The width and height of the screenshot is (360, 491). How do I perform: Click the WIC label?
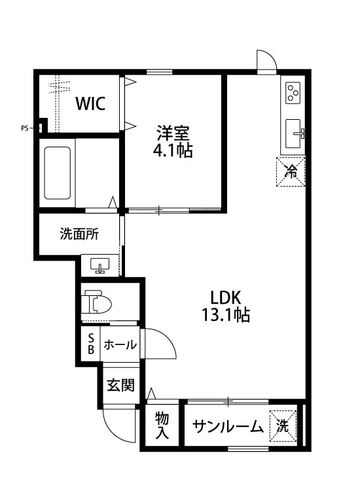90,103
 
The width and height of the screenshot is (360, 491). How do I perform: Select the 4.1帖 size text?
173,151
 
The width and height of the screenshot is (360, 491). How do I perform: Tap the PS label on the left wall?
24,128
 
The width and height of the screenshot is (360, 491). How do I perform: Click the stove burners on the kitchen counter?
293,94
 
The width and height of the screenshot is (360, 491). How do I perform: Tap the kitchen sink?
294,134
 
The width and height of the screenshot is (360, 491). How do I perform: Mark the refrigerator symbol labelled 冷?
291,172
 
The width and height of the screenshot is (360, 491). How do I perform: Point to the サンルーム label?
226,427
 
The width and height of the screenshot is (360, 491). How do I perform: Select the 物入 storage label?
162,425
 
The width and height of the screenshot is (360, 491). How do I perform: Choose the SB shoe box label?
91,344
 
